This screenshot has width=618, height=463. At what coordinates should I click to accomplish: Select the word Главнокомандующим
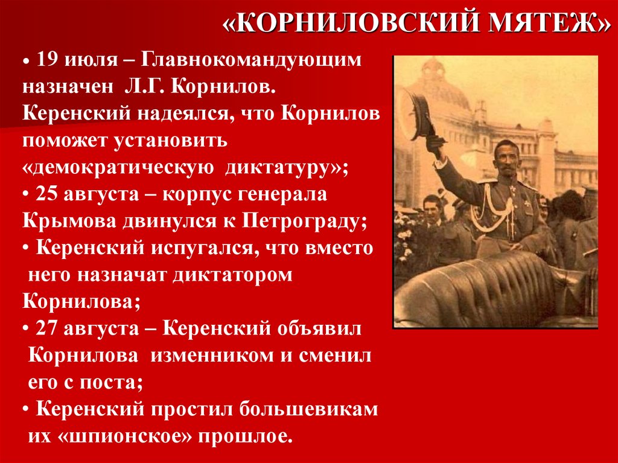pyautogui.click(x=253, y=60)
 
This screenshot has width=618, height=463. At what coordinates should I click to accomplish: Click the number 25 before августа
pyautogui.click(x=47, y=194)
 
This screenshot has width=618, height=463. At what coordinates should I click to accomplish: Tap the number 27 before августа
pyautogui.click(x=47, y=328)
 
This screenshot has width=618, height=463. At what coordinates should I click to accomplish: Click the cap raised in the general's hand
pyautogui.click(x=421, y=113)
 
